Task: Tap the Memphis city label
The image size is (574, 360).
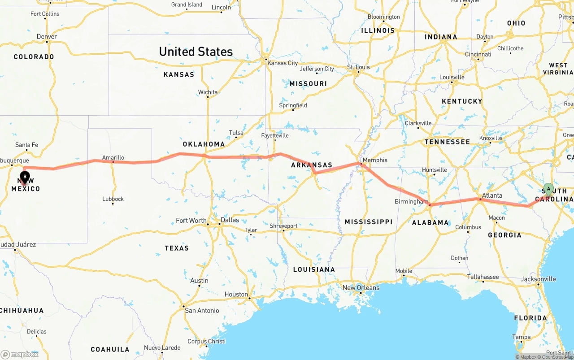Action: tap(375, 160)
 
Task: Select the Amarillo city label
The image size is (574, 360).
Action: tap(113, 157)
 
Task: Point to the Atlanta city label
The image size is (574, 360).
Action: tap(492, 195)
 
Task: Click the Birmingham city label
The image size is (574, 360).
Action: tap(411, 202)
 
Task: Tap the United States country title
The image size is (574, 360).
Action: tap(196, 52)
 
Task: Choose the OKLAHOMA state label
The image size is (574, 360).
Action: tap(204, 144)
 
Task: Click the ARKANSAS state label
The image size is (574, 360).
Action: tap(312, 165)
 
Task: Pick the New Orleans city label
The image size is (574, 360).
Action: tap(361, 288)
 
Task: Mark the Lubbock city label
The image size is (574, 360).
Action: tap(113, 199)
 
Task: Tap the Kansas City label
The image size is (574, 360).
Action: tap(283, 63)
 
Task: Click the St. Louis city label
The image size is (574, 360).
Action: tap(358, 67)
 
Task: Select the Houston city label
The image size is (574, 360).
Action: tap(236, 295)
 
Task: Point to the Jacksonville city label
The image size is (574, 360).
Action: tap(538, 279)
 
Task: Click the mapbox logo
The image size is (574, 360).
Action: tap(20, 354)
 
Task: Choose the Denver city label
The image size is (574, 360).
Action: tap(47, 36)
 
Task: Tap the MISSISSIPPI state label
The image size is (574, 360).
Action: tap(368, 221)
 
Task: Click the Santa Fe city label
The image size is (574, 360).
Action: tap(26, 145)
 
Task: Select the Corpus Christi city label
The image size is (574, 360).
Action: tap(206, 341)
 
